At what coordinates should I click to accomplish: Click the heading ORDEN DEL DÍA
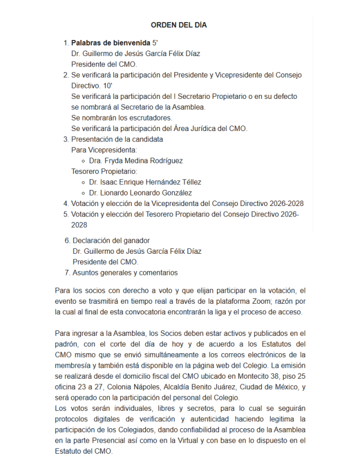179,25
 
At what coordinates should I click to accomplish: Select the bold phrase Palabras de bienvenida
110,43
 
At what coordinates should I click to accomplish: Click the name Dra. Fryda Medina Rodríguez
136,160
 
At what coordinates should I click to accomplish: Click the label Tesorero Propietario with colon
104,171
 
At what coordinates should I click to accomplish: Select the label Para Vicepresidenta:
104,150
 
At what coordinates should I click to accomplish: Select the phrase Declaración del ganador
111,240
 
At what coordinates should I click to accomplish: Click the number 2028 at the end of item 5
79,225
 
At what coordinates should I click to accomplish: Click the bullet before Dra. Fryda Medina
83,160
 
